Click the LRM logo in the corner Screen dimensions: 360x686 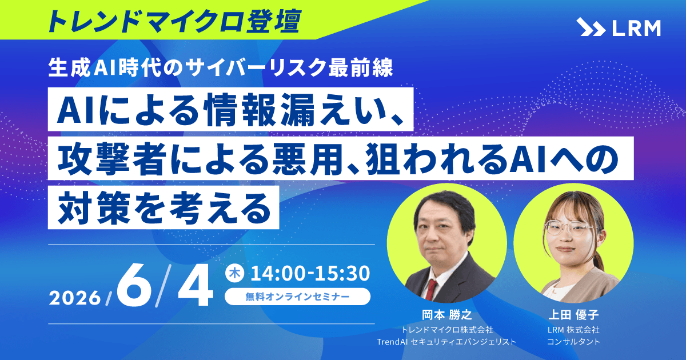(618, 27)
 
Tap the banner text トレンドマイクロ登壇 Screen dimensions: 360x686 (171, 21)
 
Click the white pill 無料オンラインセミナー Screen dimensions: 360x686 (297, 297)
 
